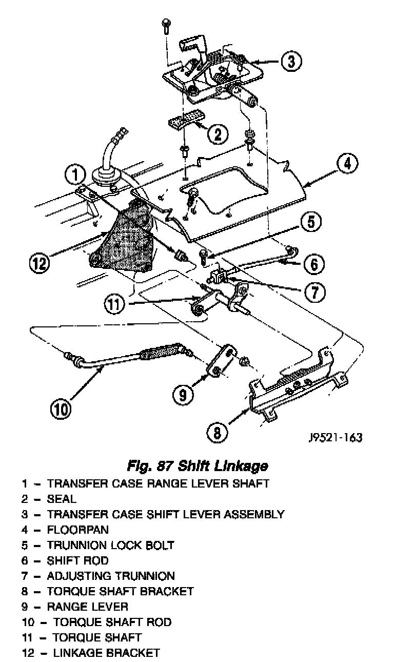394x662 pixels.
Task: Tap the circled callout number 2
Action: [218, 134]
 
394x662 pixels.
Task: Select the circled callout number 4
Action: [347, 165]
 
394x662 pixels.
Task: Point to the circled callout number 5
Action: [311, 223]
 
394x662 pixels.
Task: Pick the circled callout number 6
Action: [314, 264]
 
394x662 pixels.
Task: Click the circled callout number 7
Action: [315, 292]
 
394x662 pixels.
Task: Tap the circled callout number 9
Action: [183, 394]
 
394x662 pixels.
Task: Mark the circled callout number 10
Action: [60, 409]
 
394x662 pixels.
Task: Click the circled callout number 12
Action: [40, 263]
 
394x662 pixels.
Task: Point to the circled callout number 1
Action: [75, 176]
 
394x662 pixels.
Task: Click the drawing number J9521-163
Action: [336, 438]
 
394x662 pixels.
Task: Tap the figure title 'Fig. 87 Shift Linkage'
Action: [197, 466]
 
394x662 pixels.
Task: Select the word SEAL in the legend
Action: [61, 498]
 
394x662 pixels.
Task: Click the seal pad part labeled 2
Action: [186, 121]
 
